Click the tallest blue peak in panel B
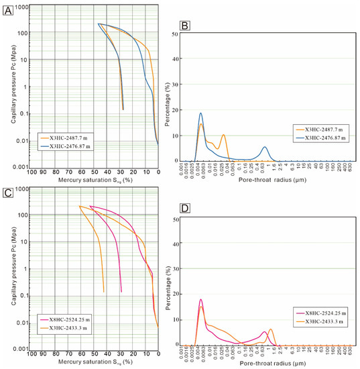200,113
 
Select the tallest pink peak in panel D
200,299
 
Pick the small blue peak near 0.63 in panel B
265,147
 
